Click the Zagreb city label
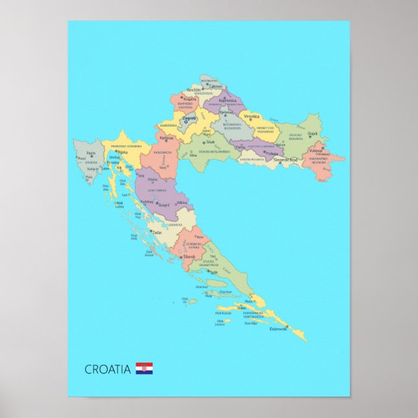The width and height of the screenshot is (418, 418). [189, 118]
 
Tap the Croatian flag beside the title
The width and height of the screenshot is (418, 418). [144, 369]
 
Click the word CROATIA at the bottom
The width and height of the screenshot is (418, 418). [108, 369]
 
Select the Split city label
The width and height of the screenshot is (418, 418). [214, 273]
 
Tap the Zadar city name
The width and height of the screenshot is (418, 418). [157, 231]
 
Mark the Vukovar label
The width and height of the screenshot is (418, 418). [316, 151]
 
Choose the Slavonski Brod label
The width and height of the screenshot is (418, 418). [285, 160]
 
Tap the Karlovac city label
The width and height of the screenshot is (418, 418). [167, 138]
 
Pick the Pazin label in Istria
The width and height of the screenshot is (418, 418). [92, 153]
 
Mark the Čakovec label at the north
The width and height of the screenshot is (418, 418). [215, 86]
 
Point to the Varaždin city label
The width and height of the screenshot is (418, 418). [194, 90]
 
